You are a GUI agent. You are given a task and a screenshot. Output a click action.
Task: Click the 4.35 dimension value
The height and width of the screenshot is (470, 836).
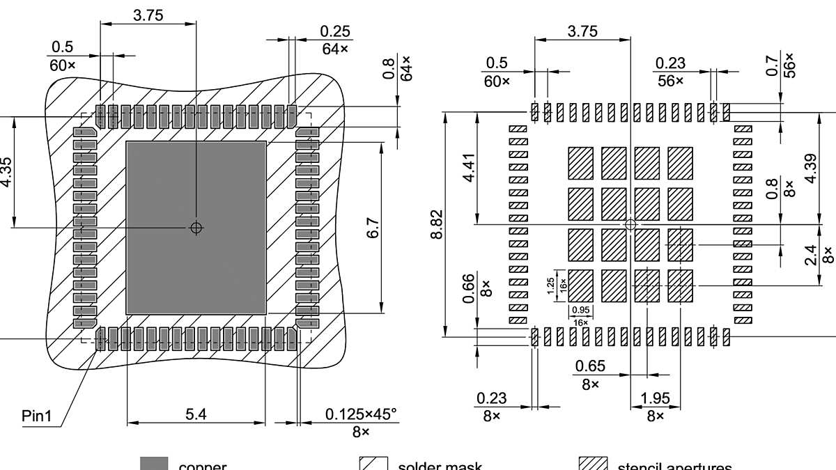[6, 171]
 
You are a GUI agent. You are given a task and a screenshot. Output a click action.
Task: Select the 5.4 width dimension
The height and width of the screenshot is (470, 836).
[196, 414]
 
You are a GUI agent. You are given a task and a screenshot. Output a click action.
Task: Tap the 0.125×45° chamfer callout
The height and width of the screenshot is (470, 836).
[361, 414]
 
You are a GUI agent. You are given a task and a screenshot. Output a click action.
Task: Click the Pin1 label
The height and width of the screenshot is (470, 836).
[37, 417]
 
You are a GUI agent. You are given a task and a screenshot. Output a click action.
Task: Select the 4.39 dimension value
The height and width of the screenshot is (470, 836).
[810, 168]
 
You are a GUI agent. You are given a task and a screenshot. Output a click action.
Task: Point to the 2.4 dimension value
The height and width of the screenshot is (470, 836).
[811, 256]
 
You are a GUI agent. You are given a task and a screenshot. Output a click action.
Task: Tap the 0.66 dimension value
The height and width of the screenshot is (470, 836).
[469, 287]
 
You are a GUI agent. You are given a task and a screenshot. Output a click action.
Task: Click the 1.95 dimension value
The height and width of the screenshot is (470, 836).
[655, 399]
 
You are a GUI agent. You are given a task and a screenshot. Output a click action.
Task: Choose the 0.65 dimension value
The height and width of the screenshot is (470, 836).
[590, 366]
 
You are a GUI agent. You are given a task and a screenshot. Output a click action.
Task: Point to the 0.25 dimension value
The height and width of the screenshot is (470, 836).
[335, 32]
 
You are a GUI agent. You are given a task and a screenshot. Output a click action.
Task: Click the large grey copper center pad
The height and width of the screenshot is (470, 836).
[196, 265]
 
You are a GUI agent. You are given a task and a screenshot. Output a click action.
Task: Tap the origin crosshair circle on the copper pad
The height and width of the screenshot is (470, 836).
[196, 227]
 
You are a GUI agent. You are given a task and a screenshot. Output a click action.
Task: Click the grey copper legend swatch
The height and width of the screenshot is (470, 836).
[154, 464]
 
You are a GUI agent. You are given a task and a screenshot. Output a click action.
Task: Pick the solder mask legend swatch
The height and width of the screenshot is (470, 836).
[373, 464]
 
